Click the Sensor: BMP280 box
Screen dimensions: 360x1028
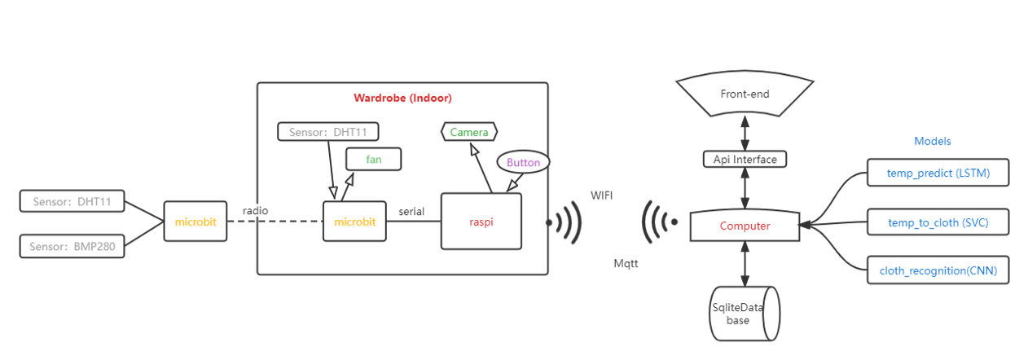pyautogui.click(x=72, y=246)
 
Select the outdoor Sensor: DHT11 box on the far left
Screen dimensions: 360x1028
pyautogui.click(x=72, y=201)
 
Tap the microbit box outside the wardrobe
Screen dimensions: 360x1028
pyautogui.click(x=195, y=222)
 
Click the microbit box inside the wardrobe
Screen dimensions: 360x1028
pyautogui.click(x=354, y=222)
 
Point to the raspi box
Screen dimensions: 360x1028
pyautogui.click(x=481, y=221)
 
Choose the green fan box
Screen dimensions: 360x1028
pyautogui.click(x=374, y=160)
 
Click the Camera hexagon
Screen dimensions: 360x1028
pyautogui.click(x=469, y=131)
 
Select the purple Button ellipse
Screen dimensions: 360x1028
pyautogui.click(x=523, y=162)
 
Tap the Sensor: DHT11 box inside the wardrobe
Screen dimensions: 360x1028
pyautogui.click(x=328, y=131)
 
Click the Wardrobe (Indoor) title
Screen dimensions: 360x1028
pyautogui.click(x=402, y=98)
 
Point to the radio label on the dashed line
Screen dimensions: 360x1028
pyautogui.click(x=255, y=211)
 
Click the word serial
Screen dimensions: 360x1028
pyautogui.click(x=411, y=211)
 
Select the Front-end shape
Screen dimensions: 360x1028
pyautogui.click(x=745, y=94)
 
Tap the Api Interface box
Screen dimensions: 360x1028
pyautogui.click(x=745, y=159)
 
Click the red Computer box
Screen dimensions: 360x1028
pyautogui.click(x=745, y=226)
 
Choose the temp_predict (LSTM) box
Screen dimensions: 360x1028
pyautogui.click(x=937, y=173)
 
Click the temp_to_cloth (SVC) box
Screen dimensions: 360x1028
pyautogui.click(x=937, y=222)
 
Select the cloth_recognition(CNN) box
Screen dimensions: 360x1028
pyautogui.click(x=937, y=270)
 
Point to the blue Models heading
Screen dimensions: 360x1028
pyautogui.click(x=933, y=141)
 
